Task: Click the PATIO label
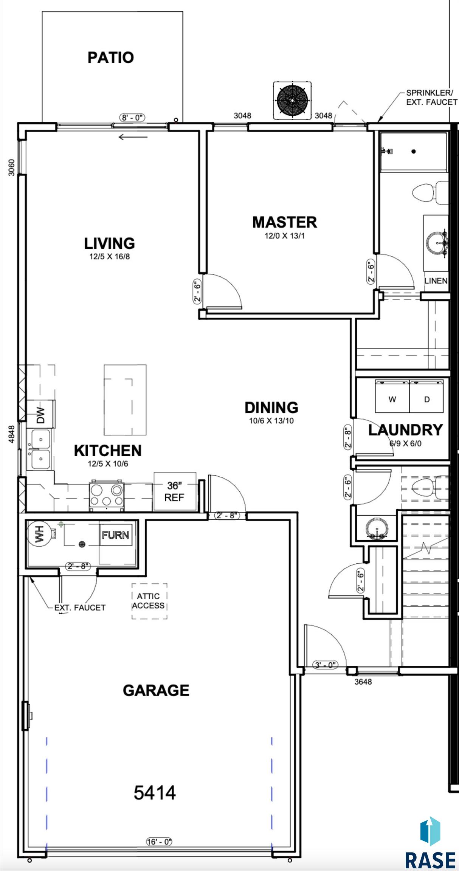[x=111, y=57]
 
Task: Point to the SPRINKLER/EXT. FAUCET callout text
[x=431, y=97]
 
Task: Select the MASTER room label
[x=284, y=222]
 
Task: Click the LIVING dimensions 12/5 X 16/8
[x=109, y=257]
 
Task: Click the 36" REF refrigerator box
[x=175, y=491]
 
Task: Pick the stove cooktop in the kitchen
[x=107, y=496]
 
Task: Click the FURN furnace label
[x=115, y=535]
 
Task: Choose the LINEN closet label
[x=436, y=281]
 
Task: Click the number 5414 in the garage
[x=155, y=792]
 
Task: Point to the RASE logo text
[x=430, y=860]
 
